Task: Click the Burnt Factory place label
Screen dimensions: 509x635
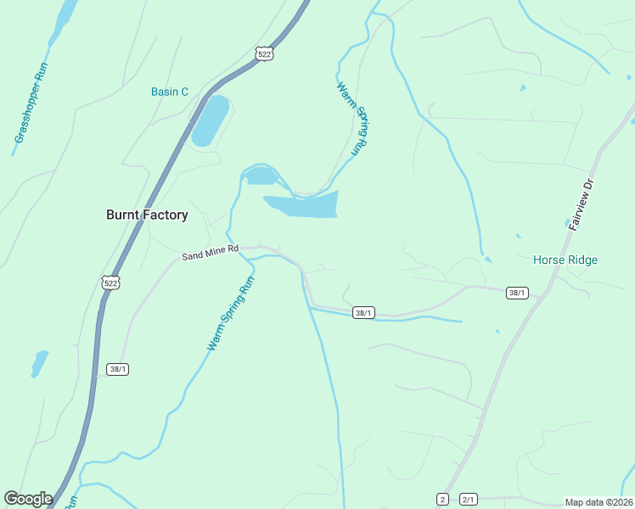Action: tap(147, 215)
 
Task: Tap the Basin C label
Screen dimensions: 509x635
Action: tap(170, 92)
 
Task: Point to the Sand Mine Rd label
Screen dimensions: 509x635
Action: tap(211, 252)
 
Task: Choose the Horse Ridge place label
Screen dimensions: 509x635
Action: tap(565, 260)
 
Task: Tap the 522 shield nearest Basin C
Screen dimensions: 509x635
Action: tap(265, 53)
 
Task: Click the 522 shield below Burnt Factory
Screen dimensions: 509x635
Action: tap(110, 282)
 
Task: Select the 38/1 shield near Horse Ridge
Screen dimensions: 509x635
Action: tap(517, 293)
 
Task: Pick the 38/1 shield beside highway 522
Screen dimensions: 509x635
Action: tap(118, 369)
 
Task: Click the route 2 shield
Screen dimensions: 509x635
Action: tap(442, 499)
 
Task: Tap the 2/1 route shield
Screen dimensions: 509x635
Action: tap(469, 499)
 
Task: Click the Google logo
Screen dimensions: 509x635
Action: tap(28, 499)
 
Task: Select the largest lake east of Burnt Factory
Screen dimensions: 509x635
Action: tap(304, 204)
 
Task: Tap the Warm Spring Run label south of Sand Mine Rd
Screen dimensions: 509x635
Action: tap(231, 314)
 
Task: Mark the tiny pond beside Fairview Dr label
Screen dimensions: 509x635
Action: tap(568, 223)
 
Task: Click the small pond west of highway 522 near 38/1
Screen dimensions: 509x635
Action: tap(39, 364)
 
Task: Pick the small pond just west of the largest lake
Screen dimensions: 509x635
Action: tap(261, 176)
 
